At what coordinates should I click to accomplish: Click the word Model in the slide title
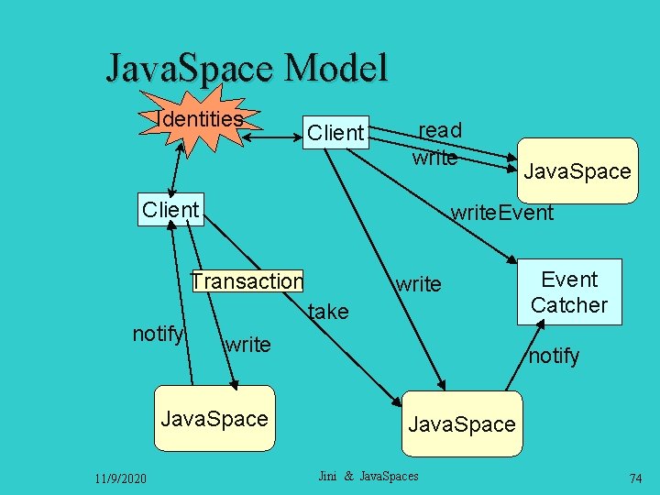click(336, 69)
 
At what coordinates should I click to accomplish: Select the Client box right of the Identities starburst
click(335, 133)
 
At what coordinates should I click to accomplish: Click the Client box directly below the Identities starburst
click(170, 209)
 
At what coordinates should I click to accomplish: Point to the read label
click(440, 131)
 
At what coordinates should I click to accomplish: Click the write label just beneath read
click(434, 157)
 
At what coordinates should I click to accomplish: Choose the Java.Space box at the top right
click(577, 170)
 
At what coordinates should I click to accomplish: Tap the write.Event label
click(501, 213)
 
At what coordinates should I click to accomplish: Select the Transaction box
click(247, 280)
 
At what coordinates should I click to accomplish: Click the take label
click(328, 312)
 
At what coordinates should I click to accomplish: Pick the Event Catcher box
click(569, 292)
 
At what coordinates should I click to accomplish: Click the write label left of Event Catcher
click(418, 284)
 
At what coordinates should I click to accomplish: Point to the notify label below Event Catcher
click(554, 356)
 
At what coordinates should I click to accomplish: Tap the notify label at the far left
click(158, 334)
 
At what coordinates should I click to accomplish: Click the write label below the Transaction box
click(247, 345)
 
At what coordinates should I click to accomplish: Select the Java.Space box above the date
click(214, 420)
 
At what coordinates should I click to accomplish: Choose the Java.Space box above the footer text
click(461, 423)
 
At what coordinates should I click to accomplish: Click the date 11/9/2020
click(120, 478)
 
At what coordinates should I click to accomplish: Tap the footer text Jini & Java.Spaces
click(368, 476)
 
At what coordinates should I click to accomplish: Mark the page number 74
click(635, 478)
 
